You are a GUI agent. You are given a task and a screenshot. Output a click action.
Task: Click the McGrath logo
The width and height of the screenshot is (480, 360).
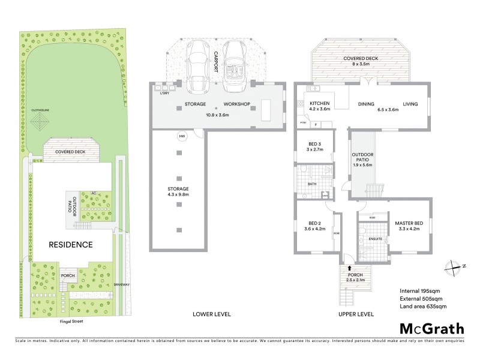[431, 328]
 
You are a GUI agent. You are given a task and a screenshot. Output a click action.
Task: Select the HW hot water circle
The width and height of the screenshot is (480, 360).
[181, 137]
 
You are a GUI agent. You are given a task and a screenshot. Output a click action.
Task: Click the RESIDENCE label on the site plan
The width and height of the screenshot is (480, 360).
[71, 244]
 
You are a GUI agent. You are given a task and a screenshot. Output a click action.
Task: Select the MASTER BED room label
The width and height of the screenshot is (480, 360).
[409, 224]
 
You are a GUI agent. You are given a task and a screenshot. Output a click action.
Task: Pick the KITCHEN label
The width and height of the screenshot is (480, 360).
[319, 104]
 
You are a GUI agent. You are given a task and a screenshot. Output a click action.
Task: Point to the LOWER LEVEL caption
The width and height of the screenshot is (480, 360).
[211, 314]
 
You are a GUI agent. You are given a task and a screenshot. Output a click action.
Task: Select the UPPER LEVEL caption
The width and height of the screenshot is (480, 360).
[357, 314]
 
